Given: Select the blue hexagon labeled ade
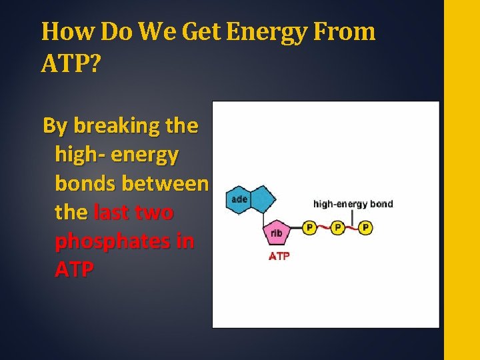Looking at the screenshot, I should [239, 199].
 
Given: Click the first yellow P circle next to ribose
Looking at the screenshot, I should [309, 228].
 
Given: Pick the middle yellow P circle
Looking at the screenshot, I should [337, 228].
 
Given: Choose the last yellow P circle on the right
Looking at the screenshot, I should [365, 228].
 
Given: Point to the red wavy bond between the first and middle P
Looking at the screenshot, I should [323, 228].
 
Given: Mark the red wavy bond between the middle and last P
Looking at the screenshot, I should [351, 228].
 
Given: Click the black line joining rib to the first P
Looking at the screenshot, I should [297, 229].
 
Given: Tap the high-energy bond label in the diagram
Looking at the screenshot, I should [353, 204].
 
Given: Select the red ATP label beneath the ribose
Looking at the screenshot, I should [279, 256].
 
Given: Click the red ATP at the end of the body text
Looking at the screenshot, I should [75, 270].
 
